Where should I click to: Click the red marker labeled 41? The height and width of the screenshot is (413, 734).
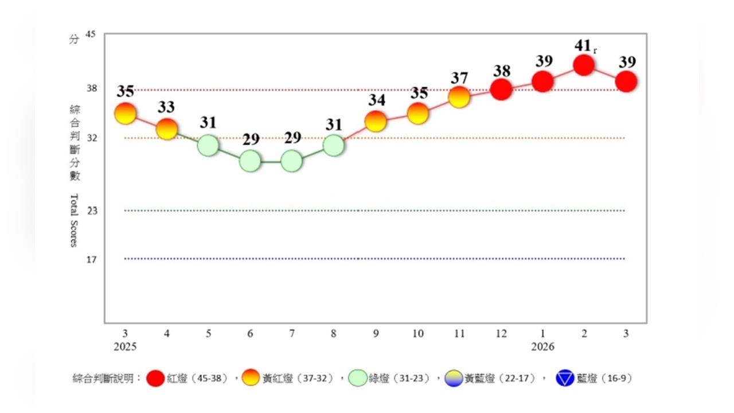(x=584, y=65)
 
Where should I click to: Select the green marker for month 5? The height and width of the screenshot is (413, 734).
(x=208, y=145)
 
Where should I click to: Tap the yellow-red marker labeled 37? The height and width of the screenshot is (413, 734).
(x=459, y=98)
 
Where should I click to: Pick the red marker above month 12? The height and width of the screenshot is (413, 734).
(x=501, y=89)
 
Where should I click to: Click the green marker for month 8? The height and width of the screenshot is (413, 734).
(x=333, y=145)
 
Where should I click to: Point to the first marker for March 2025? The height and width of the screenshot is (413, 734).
(x=126, y=114)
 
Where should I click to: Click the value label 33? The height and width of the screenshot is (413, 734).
(x=167, y=107)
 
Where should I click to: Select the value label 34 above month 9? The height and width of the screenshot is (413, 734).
(x=377, y=100)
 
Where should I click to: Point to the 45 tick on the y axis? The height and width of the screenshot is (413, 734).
(x=90, y=35)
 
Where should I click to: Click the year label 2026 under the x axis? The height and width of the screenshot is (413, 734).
(x=542, y=347)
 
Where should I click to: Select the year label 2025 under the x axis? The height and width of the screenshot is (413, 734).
(x=126, y=347)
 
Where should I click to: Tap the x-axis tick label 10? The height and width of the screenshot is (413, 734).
(x=417, y=333)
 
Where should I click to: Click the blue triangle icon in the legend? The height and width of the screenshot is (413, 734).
(x=565, y=379)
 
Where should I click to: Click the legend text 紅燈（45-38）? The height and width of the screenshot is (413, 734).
(x=197, y=379)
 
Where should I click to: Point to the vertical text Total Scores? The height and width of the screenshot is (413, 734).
(x=73, y=220)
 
